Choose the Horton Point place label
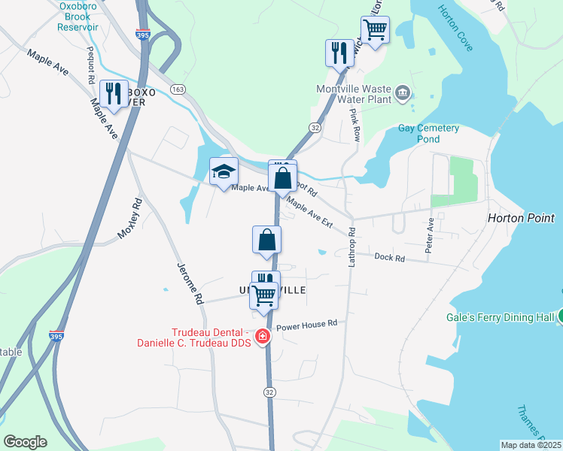coord(521,218)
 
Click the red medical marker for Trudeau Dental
coord(263,337)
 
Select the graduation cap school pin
coord(224,172)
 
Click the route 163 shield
coord(178,89)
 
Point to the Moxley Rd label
coord(130,219)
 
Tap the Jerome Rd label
coord(190,283)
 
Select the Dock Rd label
coord(390,257)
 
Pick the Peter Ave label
coord(431,235)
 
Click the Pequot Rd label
coord(90,65)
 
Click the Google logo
coord(26,442)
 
